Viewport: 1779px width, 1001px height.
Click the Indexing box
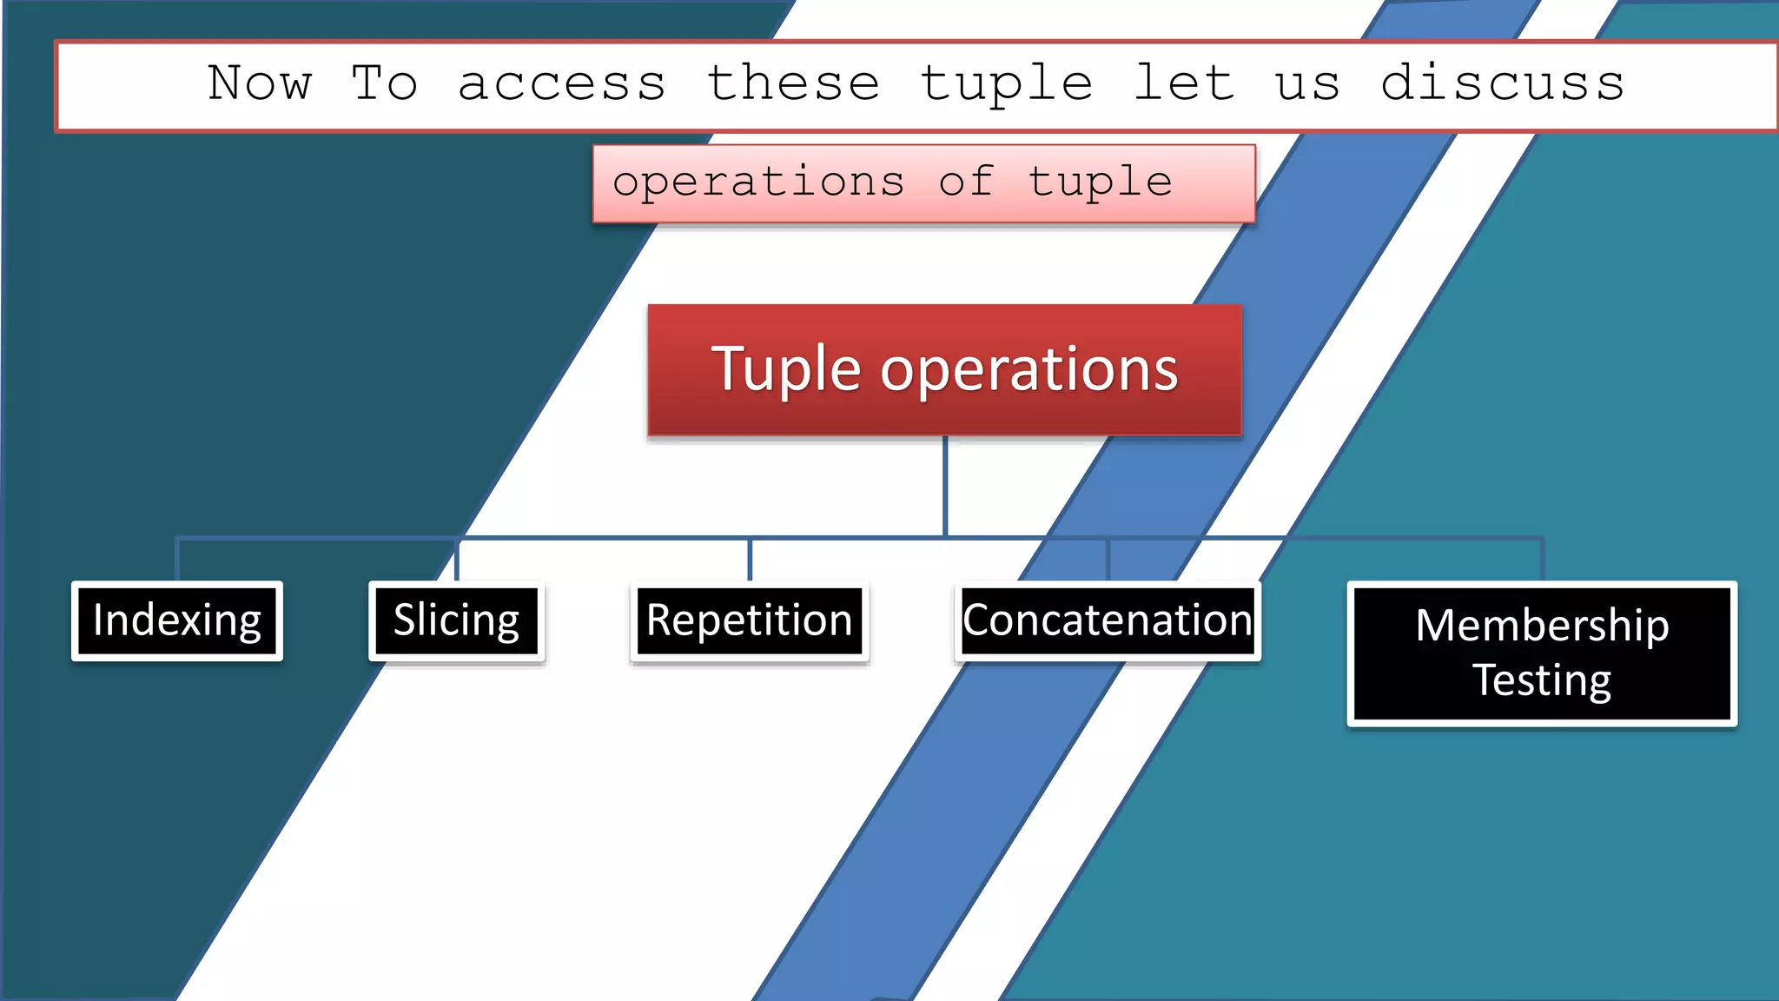point(177,620)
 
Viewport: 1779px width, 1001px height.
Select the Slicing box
point(457,620)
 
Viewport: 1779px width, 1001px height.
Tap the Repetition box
point(750,620)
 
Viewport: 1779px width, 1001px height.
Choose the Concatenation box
point(1108,620)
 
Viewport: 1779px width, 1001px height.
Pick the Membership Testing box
point(1542,653)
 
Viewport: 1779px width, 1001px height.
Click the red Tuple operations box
point(945,370)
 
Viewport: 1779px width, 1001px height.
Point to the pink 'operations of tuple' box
point(924,183)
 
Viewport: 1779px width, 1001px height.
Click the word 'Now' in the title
point(259,84)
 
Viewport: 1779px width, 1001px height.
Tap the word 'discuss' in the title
point(1503,84)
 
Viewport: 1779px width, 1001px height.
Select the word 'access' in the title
point(561,84)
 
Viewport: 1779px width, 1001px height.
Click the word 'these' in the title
point(793,84)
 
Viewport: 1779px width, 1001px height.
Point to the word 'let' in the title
point(1184,84)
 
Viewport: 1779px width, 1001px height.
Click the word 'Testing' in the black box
point(1542,679)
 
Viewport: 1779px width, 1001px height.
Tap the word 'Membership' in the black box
point(1542,626)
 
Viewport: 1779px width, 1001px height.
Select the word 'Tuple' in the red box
point(786,370)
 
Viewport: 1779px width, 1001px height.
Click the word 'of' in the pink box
point(965,182)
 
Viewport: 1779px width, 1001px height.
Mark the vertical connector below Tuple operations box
point(945,487)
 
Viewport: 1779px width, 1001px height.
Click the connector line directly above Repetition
point(750,560)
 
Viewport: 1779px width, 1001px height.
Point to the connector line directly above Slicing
point(457,560)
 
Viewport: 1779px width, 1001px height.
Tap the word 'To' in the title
point(384,84)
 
